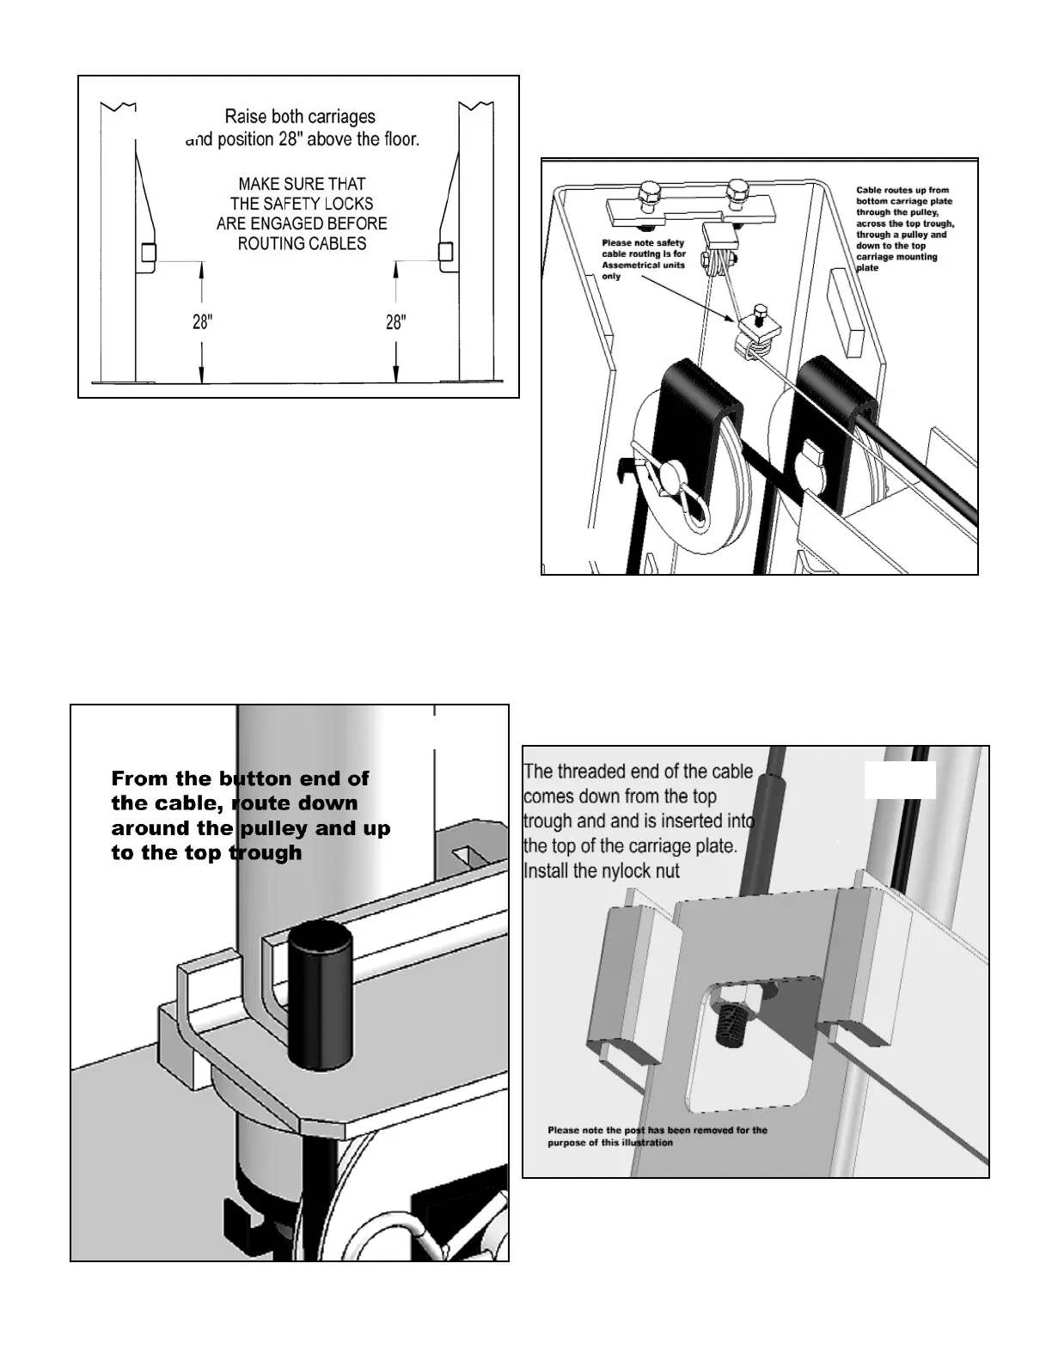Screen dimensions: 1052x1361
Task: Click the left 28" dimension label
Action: point(202,322)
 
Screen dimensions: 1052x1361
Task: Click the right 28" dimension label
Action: point(395,322)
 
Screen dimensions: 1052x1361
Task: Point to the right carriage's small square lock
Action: point(446,252)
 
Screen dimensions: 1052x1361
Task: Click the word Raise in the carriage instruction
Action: point(245,116)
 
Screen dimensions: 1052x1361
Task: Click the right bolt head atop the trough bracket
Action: point(737,187)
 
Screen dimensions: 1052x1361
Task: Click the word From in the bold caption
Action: point(140,778)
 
